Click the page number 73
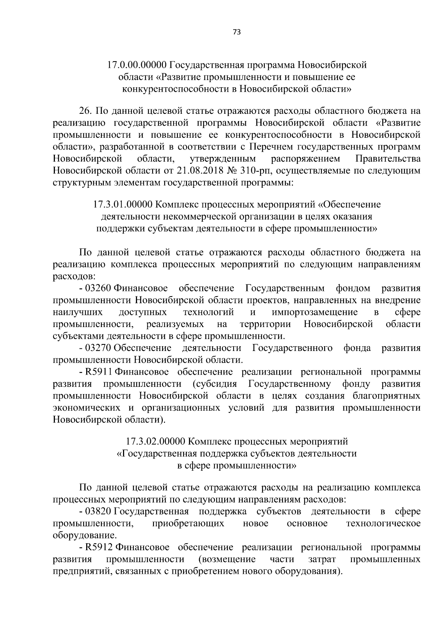tap(237, 32)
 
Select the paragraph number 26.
tap(85, 111)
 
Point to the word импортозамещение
tap(315, 312)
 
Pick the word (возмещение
tap(227, 559)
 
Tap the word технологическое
tap(383, 523)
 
